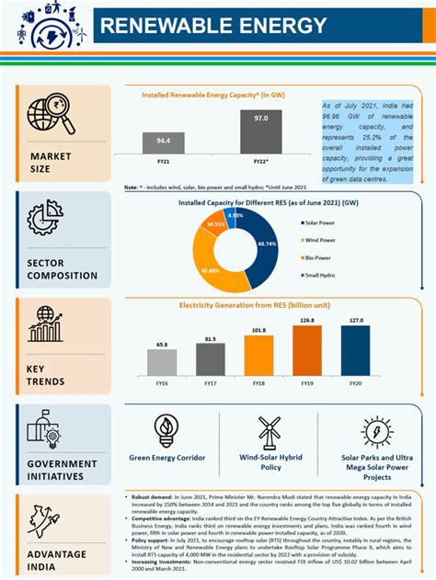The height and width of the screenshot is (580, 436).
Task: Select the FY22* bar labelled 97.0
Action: (261, 132)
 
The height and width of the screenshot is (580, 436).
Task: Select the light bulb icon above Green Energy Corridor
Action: (166, 428)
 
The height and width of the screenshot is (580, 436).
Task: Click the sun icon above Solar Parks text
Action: (377, 431)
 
